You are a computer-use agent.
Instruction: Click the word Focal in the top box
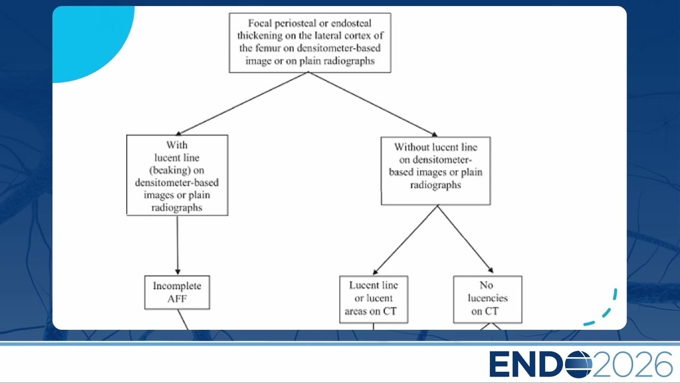click(x=260, y=23)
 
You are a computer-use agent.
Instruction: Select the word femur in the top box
click(x=268, y=48)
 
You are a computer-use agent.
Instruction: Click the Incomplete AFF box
click(x=177, y=293)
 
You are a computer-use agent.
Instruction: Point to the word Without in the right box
click(x=410, y=147)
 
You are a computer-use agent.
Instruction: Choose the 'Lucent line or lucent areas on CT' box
click(x=373, y=299)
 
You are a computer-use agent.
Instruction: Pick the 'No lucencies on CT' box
click(x=488, y=299)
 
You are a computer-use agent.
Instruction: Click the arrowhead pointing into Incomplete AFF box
click(x=177, y=271)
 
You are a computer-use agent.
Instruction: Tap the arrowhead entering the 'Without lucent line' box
click(x=435, y=135)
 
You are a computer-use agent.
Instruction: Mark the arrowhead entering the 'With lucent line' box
click(x=178, y=133)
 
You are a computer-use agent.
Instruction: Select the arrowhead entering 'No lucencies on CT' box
click(x=490, y=270)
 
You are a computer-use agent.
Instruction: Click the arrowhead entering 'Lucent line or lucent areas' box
click(x=375, y=271)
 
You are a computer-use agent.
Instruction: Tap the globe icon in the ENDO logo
click(x=579, y=364)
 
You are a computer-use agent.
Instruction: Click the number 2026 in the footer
click(x=633, y=364)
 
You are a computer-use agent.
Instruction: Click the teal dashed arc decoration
click(x=604, y=310)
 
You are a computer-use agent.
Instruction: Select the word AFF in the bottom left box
click(x=177, y=299)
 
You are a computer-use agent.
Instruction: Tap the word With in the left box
click(x=177, y=145)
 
